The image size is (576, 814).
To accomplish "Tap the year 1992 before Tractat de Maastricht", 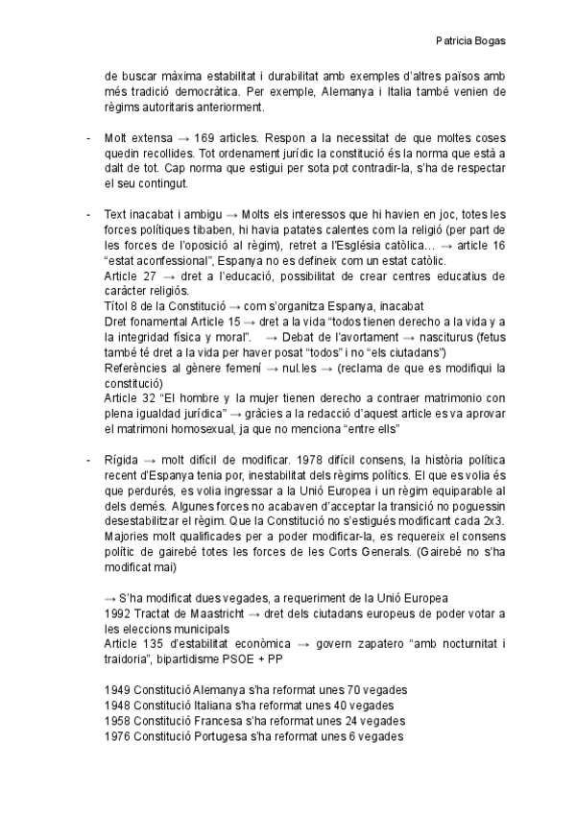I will (116, 613).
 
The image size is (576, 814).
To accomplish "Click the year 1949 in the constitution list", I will (116, 689).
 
